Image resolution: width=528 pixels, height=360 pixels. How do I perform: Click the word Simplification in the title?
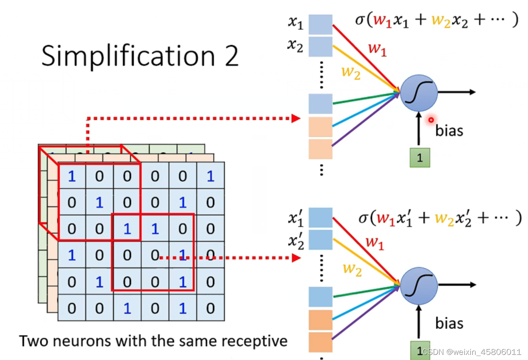[126, 56]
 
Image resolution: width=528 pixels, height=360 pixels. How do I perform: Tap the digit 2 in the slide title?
[231, 56]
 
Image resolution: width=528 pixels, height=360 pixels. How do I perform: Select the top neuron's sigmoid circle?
[419, 92]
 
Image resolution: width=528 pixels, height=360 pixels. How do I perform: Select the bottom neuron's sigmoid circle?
[419, 285]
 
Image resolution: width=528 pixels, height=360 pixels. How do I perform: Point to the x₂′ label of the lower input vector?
[295, 241]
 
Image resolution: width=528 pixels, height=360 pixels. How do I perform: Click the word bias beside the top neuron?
[449, 130]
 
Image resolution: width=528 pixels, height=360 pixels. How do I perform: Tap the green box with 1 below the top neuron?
[419, 157]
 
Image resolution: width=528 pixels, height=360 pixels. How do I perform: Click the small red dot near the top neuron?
[431, 120]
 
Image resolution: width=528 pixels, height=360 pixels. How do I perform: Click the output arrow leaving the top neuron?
[457, 92]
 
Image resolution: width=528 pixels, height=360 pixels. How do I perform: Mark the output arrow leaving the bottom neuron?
[457, 284]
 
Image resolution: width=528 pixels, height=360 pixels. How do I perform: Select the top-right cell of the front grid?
[210, 176]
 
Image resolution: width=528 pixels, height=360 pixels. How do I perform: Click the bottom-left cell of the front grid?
[71, 308]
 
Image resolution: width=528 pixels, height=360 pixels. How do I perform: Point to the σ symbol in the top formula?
[360, 20]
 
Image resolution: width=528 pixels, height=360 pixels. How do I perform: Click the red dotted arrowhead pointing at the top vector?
[296, 118]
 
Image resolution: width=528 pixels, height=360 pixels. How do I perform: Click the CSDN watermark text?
[472, 352]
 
